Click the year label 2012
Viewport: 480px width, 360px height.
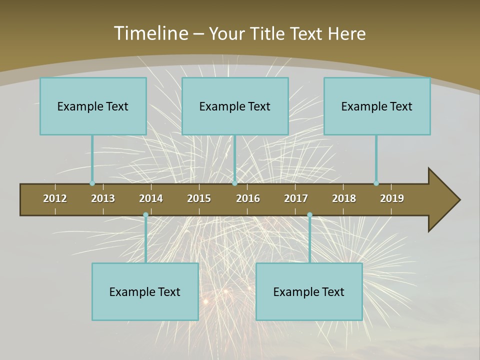55,198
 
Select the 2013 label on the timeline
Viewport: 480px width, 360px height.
103,198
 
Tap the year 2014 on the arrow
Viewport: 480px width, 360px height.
151,198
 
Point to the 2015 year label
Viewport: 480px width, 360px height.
199,198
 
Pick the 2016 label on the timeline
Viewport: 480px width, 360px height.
248,198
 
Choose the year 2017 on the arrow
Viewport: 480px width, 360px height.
296,198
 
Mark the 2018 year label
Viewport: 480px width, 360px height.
344,198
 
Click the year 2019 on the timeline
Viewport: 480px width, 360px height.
392,198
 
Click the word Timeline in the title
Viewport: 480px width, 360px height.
150,33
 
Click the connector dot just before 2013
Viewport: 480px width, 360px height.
92,183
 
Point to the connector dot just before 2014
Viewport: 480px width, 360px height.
145,215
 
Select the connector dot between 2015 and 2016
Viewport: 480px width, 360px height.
234,183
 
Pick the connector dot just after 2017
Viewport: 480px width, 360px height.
309,215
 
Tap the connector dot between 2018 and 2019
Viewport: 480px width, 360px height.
376,183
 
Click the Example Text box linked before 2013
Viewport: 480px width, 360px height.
93,106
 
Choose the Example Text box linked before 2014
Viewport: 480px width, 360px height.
145,291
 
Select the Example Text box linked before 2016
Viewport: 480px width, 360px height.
235,106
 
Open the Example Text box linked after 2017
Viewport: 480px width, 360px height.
309,291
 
